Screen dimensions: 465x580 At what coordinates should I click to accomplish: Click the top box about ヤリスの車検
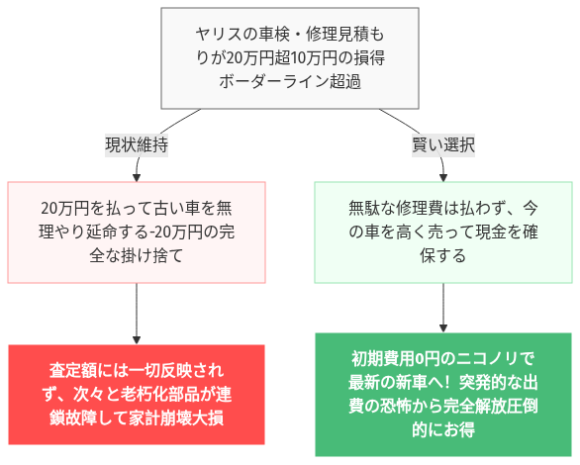click(x=289, y=58)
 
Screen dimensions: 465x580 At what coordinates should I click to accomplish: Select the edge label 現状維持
click(x=137, y=144)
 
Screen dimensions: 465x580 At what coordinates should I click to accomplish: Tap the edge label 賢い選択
click(x=443, y=144)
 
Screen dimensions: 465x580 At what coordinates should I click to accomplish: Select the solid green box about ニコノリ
click(x=443, y=394)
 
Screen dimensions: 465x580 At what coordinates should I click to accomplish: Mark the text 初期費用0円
click(x=392, y=358)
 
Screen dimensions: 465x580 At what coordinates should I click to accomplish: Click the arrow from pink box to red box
click(x=137, y=312)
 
